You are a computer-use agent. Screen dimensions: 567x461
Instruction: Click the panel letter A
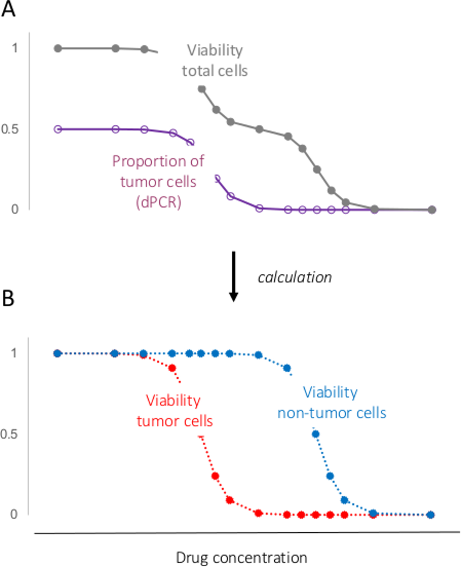(8, 8)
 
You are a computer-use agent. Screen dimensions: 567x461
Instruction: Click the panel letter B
(8, 298)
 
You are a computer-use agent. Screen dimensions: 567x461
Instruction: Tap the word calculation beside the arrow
(295, 277)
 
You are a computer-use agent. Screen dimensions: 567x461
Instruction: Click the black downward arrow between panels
(233, 276)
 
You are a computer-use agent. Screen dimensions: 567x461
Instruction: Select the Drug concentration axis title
(241, 557)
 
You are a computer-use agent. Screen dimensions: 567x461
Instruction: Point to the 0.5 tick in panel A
(10, 129)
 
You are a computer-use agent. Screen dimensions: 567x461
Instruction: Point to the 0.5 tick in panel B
(9, 434)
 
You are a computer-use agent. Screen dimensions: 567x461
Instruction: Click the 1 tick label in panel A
(15, 48)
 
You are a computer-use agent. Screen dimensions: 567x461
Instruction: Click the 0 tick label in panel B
(14, 514)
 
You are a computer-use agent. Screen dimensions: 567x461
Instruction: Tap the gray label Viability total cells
(215, 60)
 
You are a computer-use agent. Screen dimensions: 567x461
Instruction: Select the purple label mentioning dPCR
(158, 181)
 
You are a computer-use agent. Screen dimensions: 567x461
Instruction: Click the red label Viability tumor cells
(174, 411)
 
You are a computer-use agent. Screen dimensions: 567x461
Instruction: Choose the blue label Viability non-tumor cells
(332, 402)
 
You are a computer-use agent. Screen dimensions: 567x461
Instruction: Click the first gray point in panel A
(58, 48)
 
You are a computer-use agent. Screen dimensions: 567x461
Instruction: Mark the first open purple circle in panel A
(58, 129)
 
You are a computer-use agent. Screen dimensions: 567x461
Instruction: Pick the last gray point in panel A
(432, 210)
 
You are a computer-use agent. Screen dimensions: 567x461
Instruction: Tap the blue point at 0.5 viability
(315, 434)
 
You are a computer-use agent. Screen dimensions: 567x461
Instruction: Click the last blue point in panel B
(431, 515)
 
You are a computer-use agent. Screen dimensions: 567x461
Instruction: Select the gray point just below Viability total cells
(202, 89)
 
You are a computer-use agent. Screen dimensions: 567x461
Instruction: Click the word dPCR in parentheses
(158, 202)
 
